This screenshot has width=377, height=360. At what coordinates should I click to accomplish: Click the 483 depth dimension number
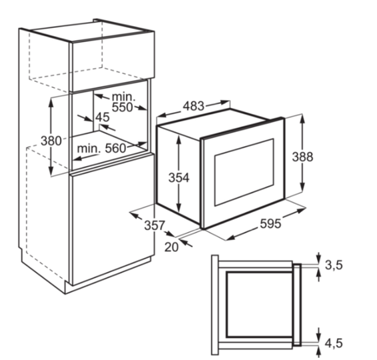(x=194, y=106)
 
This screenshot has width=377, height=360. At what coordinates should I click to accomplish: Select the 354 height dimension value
(x=179, y=178)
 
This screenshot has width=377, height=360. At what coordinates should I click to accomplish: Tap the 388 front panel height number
(x=302, y=157)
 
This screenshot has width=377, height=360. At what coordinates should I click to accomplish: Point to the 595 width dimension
(x=270, y=224)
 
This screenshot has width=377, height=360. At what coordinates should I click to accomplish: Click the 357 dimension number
(x=155, y=225)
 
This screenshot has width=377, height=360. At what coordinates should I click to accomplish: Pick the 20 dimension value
(x=171, y=247)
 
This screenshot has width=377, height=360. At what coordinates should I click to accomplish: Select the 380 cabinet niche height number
(x=51, y=141)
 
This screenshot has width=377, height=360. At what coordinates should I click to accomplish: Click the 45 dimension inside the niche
(x=103, y=117)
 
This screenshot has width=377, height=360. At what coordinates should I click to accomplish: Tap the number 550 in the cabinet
(x=122, y=107)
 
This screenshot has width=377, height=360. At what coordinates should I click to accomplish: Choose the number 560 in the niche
(x=115, y=149)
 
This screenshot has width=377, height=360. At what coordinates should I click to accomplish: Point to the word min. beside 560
(x=89, y=149)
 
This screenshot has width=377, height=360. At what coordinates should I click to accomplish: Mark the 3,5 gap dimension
(x=334, y=265)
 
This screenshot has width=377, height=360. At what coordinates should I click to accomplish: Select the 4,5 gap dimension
(x=334, y=343)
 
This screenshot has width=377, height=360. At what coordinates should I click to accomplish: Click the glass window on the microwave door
(x=244, y=172)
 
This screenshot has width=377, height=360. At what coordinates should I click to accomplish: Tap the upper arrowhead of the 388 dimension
(x=303, y=119)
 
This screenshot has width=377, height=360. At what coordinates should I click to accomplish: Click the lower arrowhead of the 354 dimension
(x=178, y=209)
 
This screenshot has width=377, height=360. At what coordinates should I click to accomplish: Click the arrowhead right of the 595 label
(x=302, y=211)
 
